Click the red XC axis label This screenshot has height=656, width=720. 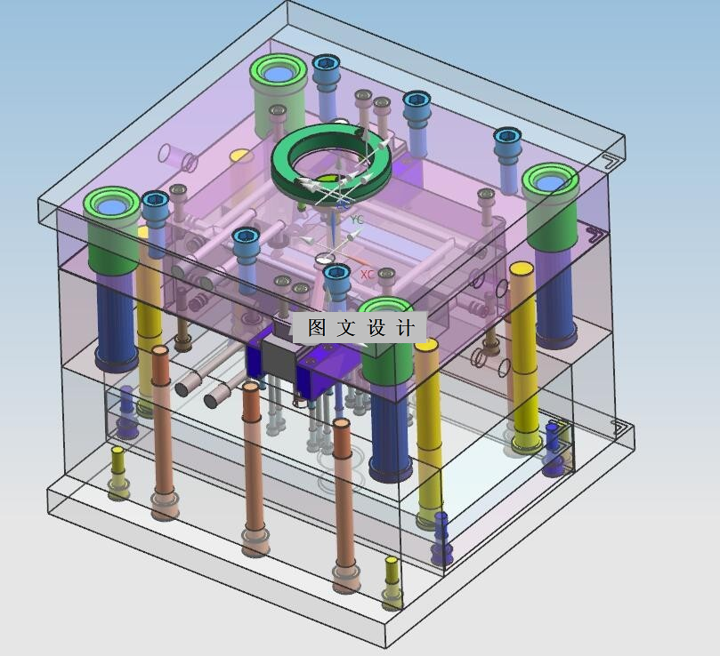click(368, 275)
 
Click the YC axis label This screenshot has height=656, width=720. click(357, 220)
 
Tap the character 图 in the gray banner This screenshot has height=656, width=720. click(317, 327)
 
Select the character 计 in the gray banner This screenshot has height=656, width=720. click(405, 327)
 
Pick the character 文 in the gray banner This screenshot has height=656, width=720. click(346, 327)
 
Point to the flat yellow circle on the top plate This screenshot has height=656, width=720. click(240, 156)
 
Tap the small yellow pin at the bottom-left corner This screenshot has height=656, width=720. click(118, 473)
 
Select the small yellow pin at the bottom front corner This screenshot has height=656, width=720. click(392, 582)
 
